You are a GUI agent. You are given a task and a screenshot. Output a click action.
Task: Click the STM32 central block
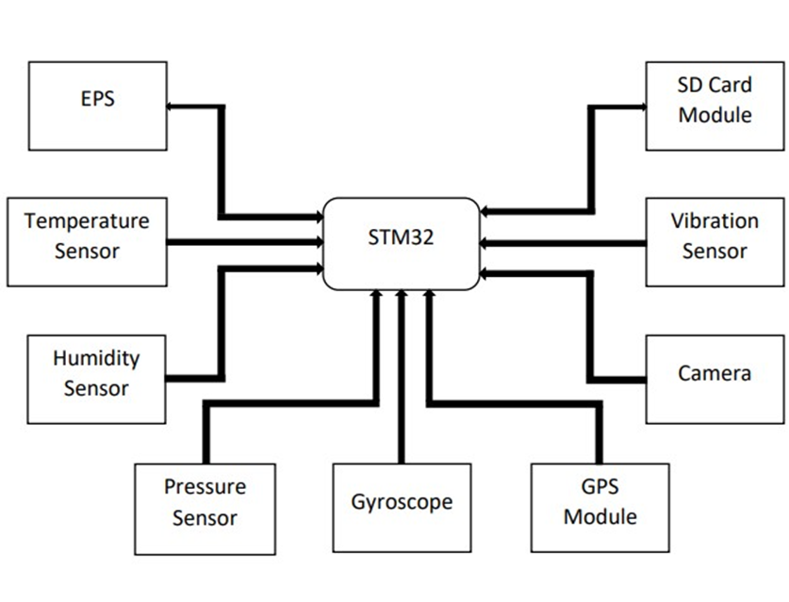click(x=401, y=243)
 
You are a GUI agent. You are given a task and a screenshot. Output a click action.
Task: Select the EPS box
click(x=97, y=106)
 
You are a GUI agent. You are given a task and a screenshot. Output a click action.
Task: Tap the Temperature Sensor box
click(x=87, y=241)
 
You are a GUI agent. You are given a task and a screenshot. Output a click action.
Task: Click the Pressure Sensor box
click(x=205, y=508)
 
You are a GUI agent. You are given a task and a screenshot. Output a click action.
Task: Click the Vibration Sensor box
click(x=715, y=241)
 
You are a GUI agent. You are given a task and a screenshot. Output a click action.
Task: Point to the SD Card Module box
click(x=715, y=106)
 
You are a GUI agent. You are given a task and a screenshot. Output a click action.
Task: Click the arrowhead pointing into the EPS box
click(x=171, y=106)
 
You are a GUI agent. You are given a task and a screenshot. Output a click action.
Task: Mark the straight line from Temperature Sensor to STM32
click(x=245, y=242)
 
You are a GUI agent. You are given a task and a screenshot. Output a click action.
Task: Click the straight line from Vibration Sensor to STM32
click(x=566, y=242)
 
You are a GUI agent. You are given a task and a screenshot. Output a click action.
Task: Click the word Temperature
click(x=87, y=222)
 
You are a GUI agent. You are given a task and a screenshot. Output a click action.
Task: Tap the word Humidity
click(x=96, y=359)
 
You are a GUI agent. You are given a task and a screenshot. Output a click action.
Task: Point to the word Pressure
click(x=205, y=488)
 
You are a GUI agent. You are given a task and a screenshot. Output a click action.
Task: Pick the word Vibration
click(x=715, y=222)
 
